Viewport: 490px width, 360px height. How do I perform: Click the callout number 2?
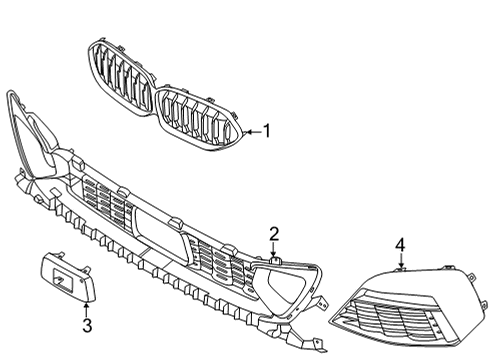[272, 234]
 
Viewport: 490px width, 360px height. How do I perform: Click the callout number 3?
[86, 326]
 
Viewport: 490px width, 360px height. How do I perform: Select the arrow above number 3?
[86, 307]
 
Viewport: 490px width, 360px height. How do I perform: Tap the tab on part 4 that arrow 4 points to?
[400, 267]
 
